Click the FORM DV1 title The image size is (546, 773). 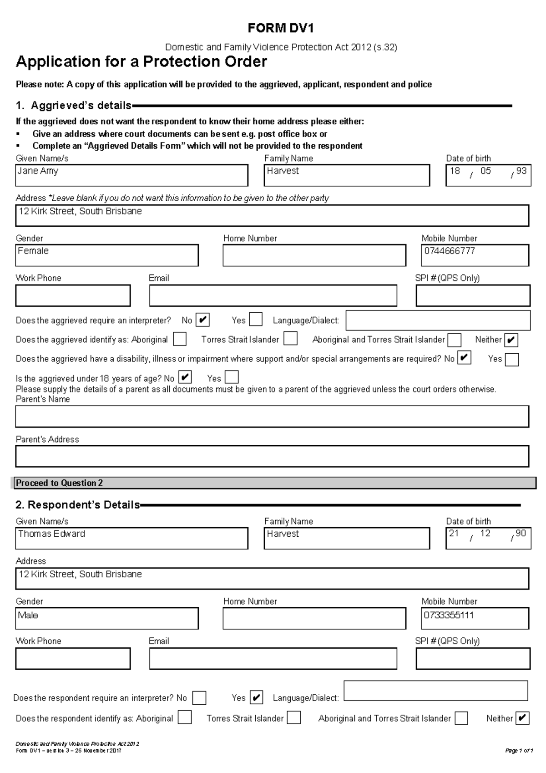pos(280,29)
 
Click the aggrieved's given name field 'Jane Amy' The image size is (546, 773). pos(131,175)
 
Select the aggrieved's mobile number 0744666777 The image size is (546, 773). pos(475,255)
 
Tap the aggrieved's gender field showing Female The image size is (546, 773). pos(107,255)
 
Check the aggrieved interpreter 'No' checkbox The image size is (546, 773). pos(202,320)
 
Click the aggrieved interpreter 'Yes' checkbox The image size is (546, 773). pos(256,320)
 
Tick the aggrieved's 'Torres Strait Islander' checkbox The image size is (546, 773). pos(290,339)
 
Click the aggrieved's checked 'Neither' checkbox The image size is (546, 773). pos(511,340)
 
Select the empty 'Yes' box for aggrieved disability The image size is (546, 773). pos(512,360)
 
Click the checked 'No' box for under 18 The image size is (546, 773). pos(185,377)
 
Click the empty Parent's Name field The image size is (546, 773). pos(272,417)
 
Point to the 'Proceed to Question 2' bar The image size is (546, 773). pos(273,483)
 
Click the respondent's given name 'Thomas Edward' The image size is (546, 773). pos(131,538)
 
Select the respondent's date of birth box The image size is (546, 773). pos(488,538)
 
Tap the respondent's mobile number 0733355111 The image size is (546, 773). pos(475,618)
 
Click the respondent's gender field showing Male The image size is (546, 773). pos(107,618)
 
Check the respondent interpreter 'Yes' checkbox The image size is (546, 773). pos(256,697)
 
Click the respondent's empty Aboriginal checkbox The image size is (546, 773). pos(185,718)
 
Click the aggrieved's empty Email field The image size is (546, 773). pos(273,296)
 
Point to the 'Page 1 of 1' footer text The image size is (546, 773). pos(519,751)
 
